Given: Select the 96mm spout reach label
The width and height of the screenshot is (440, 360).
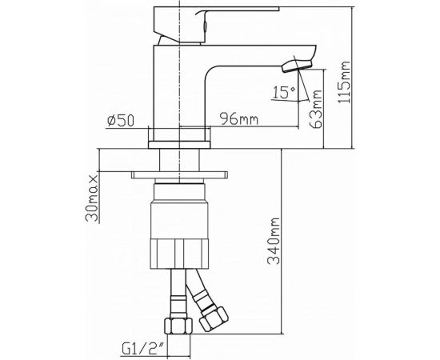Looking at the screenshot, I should coord(240,121).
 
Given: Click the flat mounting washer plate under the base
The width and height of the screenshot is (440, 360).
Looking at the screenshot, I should coord(180,174).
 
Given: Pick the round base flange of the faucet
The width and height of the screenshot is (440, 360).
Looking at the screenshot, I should coord(180,143).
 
